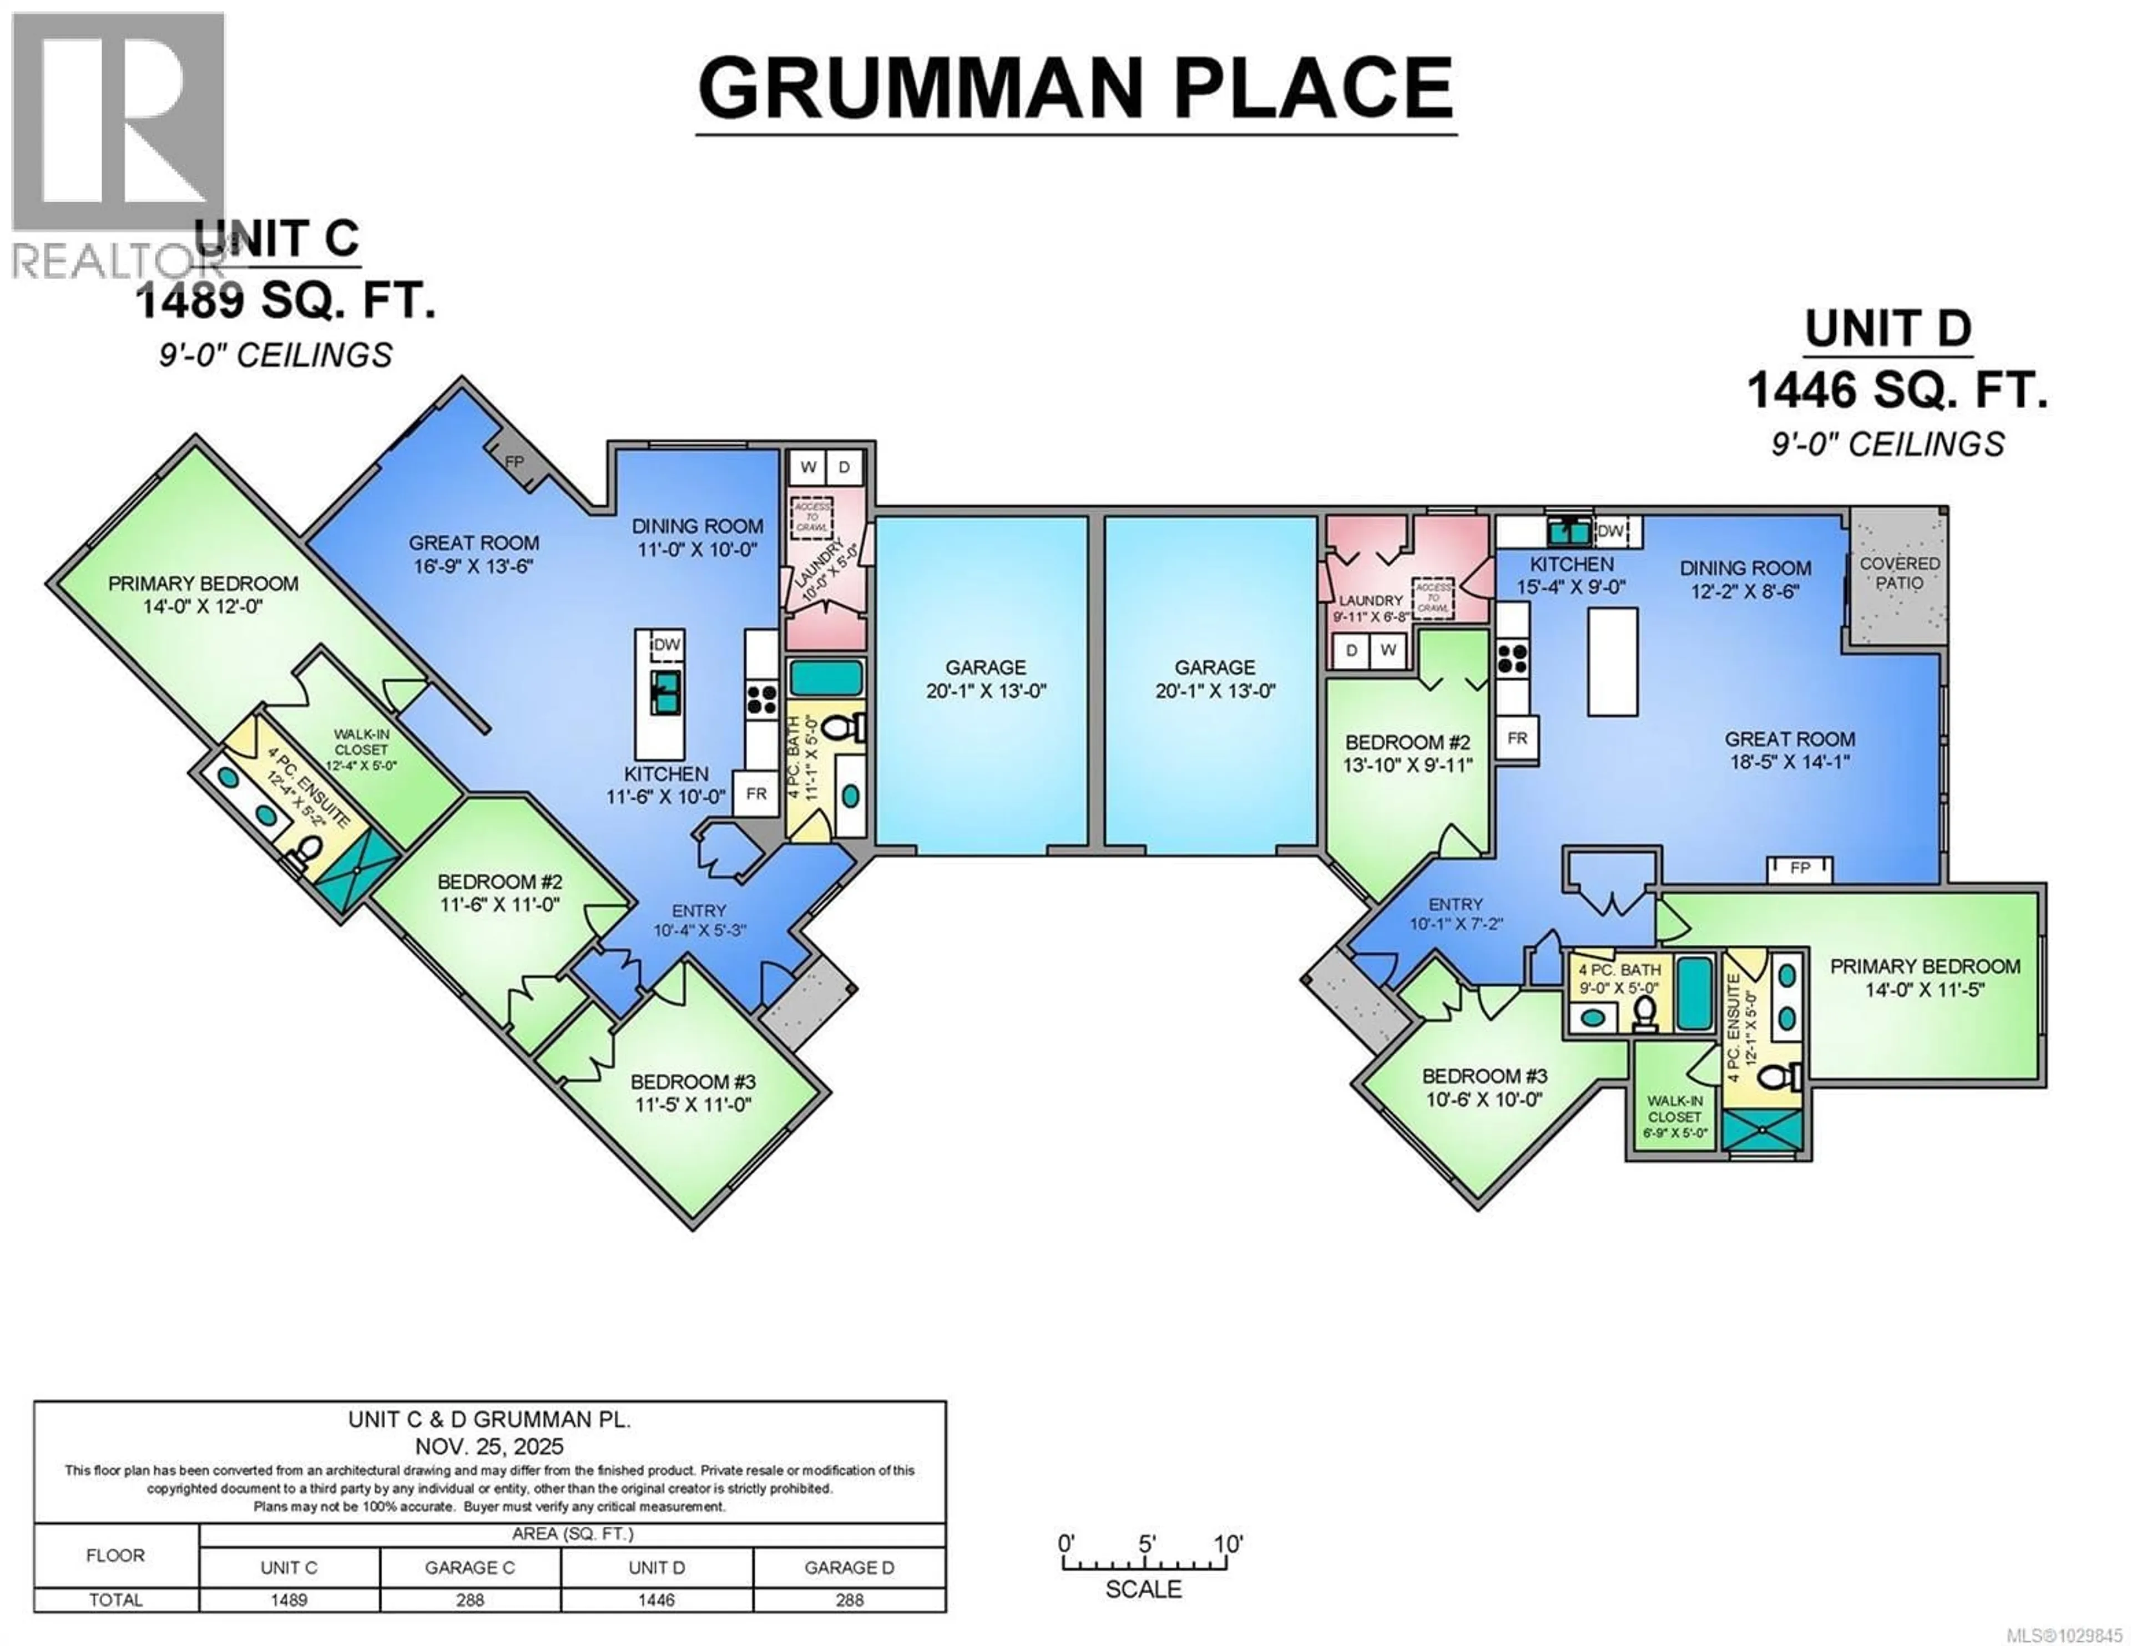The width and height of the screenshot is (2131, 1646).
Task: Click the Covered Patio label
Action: [1899, 573]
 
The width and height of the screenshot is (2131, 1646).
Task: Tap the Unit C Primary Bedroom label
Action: [203, 584]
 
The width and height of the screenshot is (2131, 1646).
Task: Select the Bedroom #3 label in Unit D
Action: [1484, 1076]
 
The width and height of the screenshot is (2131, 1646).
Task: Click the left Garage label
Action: [986, 667]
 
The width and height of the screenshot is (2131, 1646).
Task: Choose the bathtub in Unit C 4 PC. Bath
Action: [825, 678]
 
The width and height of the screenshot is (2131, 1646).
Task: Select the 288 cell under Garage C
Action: [469, 1600]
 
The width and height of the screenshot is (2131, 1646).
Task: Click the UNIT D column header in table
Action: [656, 1568]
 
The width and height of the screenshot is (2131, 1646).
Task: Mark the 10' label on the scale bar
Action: [1228, 1544]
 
